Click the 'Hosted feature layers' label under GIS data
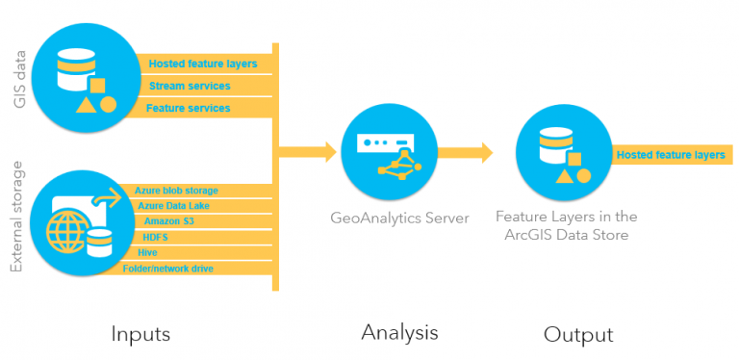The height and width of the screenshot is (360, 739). (x=203, y=64)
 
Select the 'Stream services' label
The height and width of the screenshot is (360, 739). (x=190, y=87)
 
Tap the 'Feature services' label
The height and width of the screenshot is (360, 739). (x=189, y=109)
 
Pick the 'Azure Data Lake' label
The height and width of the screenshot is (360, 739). (x=173, y=206)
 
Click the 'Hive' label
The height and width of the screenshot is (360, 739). (x=148, y=252)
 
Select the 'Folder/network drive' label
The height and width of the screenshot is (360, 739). (x=168, y=269)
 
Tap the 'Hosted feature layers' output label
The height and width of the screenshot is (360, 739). (x=670, y=154)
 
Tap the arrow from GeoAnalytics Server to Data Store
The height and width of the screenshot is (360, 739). (x=466, y=152)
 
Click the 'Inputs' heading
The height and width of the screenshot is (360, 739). (x=140, y=334)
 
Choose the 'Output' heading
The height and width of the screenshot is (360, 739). (x=578, y=334)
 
